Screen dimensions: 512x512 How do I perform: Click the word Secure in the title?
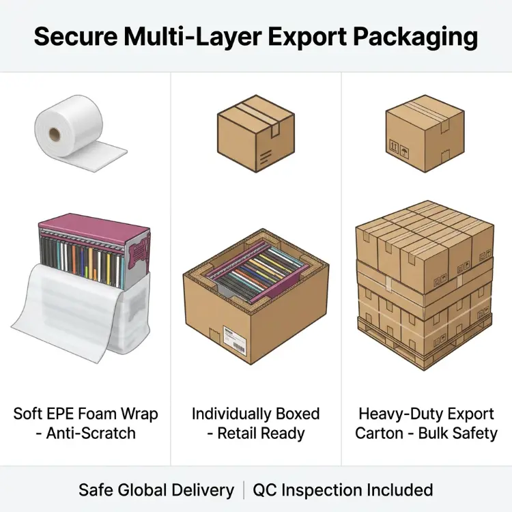click(x=75, y=36)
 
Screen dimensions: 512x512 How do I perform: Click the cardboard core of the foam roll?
click(x=55, y=134)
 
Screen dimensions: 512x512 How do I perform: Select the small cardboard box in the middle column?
click(x=256, y=133)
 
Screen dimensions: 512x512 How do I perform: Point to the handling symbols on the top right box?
click(x=399, y=149)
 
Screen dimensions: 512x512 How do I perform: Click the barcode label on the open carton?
click(x=234, y=340)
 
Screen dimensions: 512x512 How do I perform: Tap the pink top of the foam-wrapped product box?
click(x=94, y=227)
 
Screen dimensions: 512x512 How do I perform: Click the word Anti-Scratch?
click(x=91, y=433)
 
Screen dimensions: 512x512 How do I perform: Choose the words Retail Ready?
click(x=261, y=434)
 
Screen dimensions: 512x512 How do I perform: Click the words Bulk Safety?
click(x=458, y=434)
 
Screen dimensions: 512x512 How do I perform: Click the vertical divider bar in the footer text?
click(x=244, y=490)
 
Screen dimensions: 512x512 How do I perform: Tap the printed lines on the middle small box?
click(x=265, y=158)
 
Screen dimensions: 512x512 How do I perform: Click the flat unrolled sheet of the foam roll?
click(x=98, y=157)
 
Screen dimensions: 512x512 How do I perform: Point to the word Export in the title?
click(x=307, y=37)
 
